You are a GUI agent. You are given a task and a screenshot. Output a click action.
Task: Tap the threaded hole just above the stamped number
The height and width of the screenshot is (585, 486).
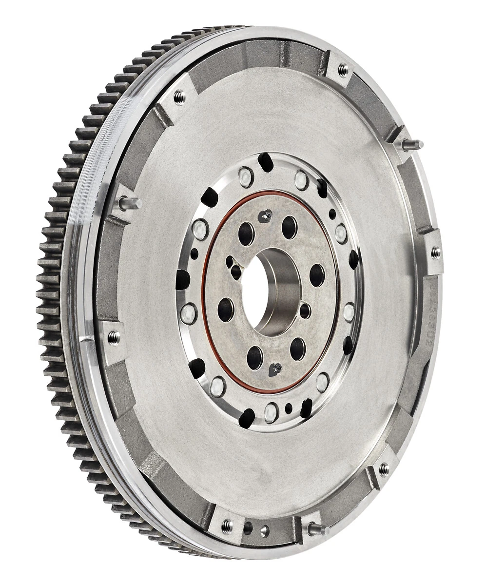point(434,252)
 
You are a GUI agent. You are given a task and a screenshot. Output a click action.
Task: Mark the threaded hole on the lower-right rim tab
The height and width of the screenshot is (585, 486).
point(383,468)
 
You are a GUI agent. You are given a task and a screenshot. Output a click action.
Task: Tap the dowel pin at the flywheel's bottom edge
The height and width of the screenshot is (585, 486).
point(318,528)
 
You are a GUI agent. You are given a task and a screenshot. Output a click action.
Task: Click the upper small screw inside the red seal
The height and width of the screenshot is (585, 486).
point(265,214)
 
